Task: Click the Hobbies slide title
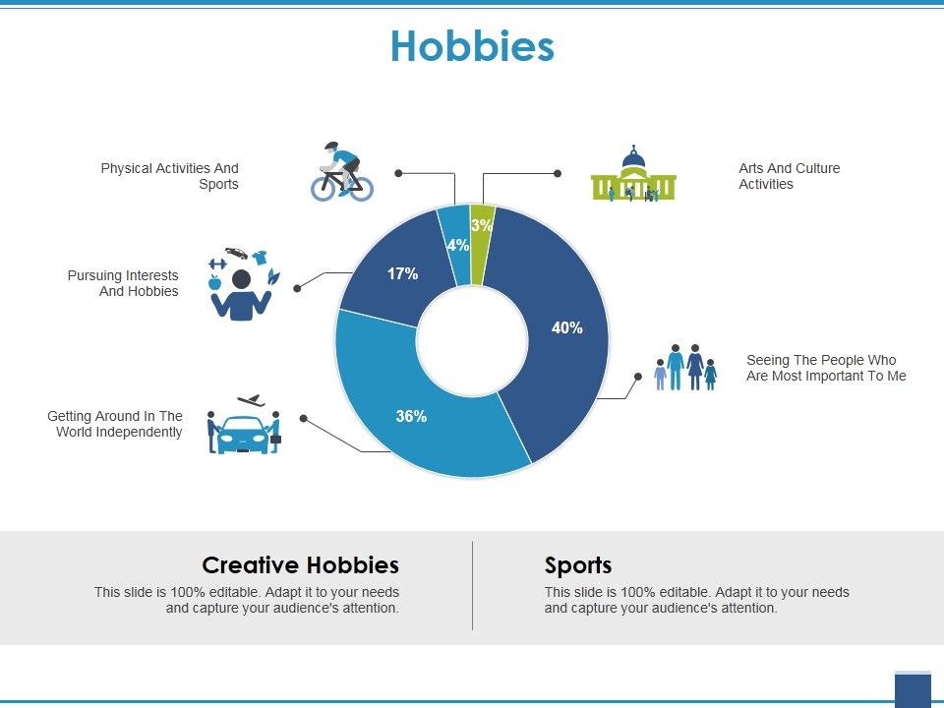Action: point(472,46)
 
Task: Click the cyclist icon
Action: point(341,172)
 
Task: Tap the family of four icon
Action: point(685,367)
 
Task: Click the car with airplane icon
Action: point(244,425)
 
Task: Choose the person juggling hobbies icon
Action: point(241,284)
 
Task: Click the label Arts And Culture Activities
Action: point(789,176)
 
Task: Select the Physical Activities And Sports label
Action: point(170,176)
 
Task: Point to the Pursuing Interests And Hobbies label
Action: point(123,283)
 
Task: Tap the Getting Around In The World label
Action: point(115,424)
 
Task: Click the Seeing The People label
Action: point(826,368)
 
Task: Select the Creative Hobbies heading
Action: point(300,565)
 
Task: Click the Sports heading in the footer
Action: point(578,565)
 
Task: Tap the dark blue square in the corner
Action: point(913,690)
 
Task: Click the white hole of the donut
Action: point(472,340)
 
